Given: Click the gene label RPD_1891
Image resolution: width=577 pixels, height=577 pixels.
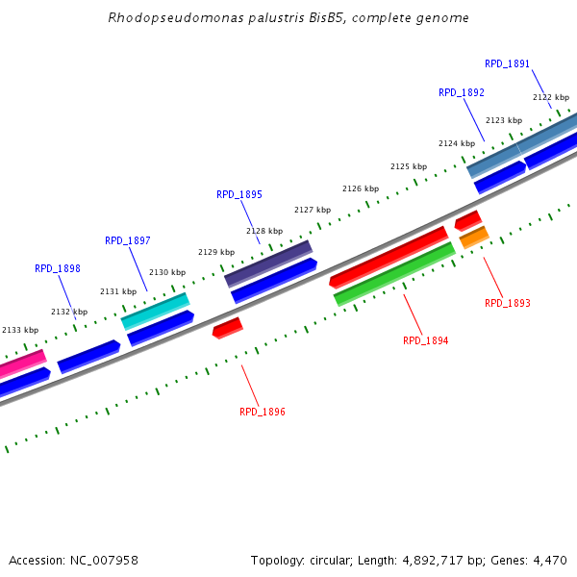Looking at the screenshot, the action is click(x=507, y=63).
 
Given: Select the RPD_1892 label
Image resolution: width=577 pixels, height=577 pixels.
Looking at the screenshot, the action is click(x=461, y=92).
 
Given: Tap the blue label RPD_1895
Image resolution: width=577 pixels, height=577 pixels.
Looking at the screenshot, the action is click(x=238, y=194).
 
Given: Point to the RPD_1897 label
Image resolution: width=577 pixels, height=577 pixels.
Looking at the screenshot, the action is click(x=127, y=240).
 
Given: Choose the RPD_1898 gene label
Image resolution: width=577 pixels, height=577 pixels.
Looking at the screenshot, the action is click(x=58, y=269).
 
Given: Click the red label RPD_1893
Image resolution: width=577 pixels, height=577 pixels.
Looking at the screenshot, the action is click(x=507, y=303).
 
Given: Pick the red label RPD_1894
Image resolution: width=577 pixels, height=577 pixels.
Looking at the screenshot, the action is click(x=425, y=340).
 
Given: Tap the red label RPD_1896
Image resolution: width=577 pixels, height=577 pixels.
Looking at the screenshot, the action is click(x=262, y=412).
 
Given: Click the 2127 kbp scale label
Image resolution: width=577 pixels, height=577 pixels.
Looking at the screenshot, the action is click(x=312, y=210).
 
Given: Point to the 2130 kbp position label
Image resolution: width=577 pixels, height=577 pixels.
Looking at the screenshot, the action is click(x=166, y=272).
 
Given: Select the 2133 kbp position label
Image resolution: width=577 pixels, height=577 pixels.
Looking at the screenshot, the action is click(x=19, y=330).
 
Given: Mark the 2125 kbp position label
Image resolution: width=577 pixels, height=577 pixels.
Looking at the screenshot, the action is click(x=408, y=166).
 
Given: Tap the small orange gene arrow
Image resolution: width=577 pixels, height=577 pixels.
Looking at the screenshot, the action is click(x=474, y=237).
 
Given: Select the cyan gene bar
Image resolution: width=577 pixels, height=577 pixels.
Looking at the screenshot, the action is click(x=155, y=311).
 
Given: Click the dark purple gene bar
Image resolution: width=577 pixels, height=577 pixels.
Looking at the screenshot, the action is click(x=268, y=263).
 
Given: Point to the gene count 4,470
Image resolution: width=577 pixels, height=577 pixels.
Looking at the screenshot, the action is click(x=550, y=560).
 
